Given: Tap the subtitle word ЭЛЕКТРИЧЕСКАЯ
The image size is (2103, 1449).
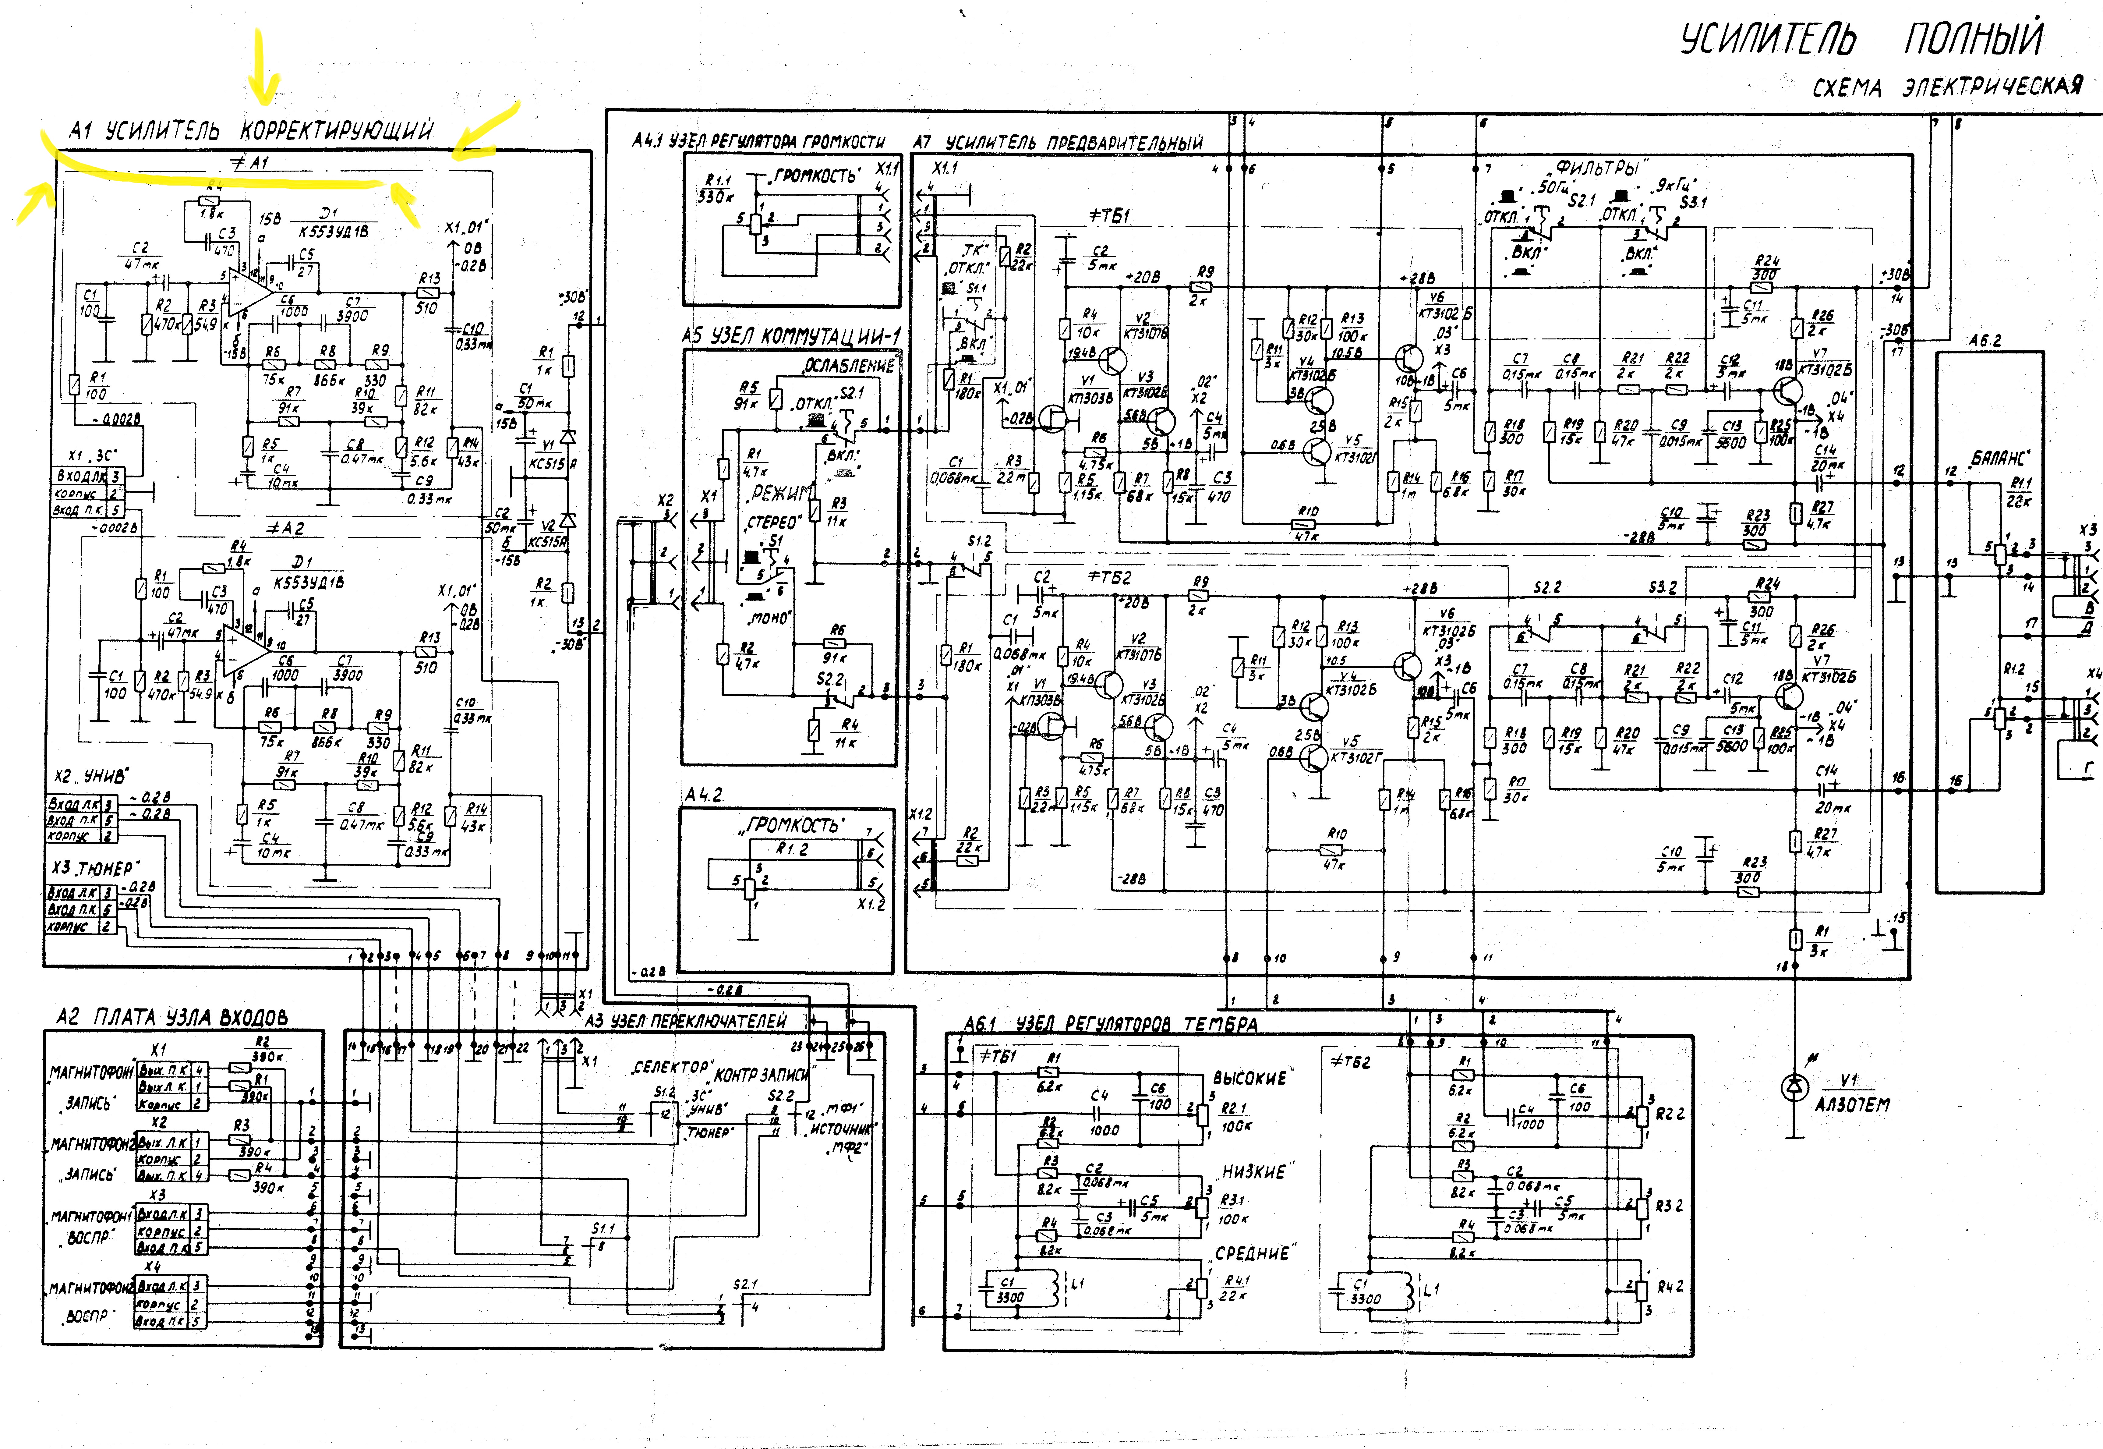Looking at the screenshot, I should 1992,87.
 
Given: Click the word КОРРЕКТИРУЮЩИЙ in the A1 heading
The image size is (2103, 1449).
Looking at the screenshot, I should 336,131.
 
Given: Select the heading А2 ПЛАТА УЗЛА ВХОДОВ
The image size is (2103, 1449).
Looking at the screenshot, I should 172,1017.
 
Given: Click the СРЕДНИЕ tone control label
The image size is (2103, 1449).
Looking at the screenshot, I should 1253,1254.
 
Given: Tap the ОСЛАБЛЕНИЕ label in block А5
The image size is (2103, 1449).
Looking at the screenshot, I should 849,366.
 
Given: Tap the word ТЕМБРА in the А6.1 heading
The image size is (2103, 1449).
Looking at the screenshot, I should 1221,1025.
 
